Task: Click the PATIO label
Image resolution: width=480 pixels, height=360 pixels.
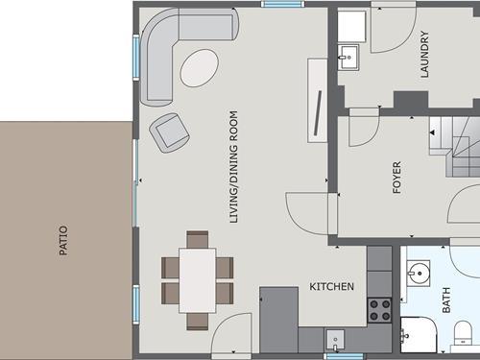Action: (x=63, y=241)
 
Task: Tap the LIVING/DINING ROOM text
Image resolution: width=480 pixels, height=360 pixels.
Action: (x=234, y=167)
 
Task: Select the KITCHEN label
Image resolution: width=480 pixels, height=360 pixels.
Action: (x=331, y=286)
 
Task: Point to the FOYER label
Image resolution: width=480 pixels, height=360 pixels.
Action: (x=396, y=178)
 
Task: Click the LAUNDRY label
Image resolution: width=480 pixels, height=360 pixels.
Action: (x=424, y=54)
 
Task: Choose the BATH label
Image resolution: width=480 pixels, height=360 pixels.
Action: (x=446, y=300)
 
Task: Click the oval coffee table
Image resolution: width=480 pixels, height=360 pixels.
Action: (x=200, y=67)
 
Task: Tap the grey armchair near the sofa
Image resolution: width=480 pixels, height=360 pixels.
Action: (x=169, y=132)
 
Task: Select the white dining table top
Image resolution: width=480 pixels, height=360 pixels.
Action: (x=198, y=280)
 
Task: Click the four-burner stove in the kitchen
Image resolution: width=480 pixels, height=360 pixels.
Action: (x=379, y=310)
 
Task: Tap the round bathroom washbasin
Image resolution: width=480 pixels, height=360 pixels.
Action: (x=419, y=273)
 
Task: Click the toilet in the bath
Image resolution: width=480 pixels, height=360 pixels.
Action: (x=463, y=333)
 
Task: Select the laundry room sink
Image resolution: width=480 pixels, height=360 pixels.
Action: (x=348, y=58)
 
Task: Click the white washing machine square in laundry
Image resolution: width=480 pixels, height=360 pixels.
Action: (x=351, y=26)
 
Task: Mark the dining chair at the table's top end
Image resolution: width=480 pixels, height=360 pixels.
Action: (x=198, y=239)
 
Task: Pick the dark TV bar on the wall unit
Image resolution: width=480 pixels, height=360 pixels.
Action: (x=318, y=112)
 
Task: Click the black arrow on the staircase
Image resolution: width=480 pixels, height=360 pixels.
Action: (x=432, y=132)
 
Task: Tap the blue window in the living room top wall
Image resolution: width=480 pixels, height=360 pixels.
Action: (x=281, y=4)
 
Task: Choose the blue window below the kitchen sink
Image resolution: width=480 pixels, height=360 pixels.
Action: (x=345, y=356)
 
